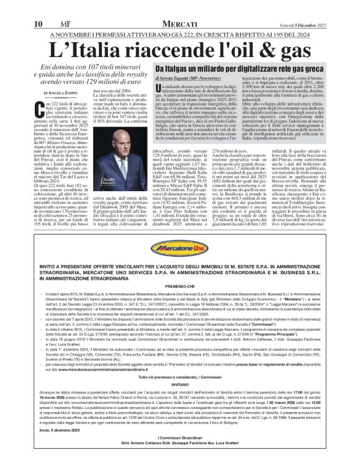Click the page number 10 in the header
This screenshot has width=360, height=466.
click(x=19, y=7)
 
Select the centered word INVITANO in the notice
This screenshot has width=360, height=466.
click(x=180, y=383)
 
